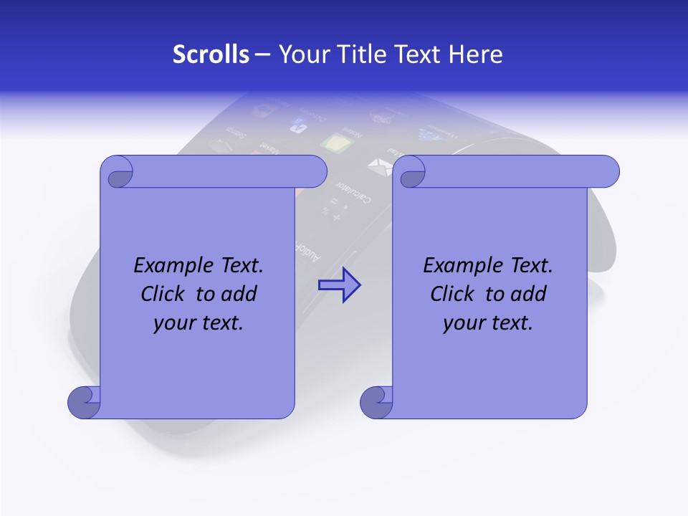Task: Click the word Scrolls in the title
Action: coord(211,54)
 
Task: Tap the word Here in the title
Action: coord(476,54)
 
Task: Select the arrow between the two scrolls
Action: coord(339,285)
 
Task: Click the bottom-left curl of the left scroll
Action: coord(84,402)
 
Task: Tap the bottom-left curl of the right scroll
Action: coord(376,402)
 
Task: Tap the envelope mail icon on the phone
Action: coord(377,167)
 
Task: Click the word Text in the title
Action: coord(418,54)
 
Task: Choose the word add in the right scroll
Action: coord(529,294)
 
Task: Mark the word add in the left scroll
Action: coord(239,294)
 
